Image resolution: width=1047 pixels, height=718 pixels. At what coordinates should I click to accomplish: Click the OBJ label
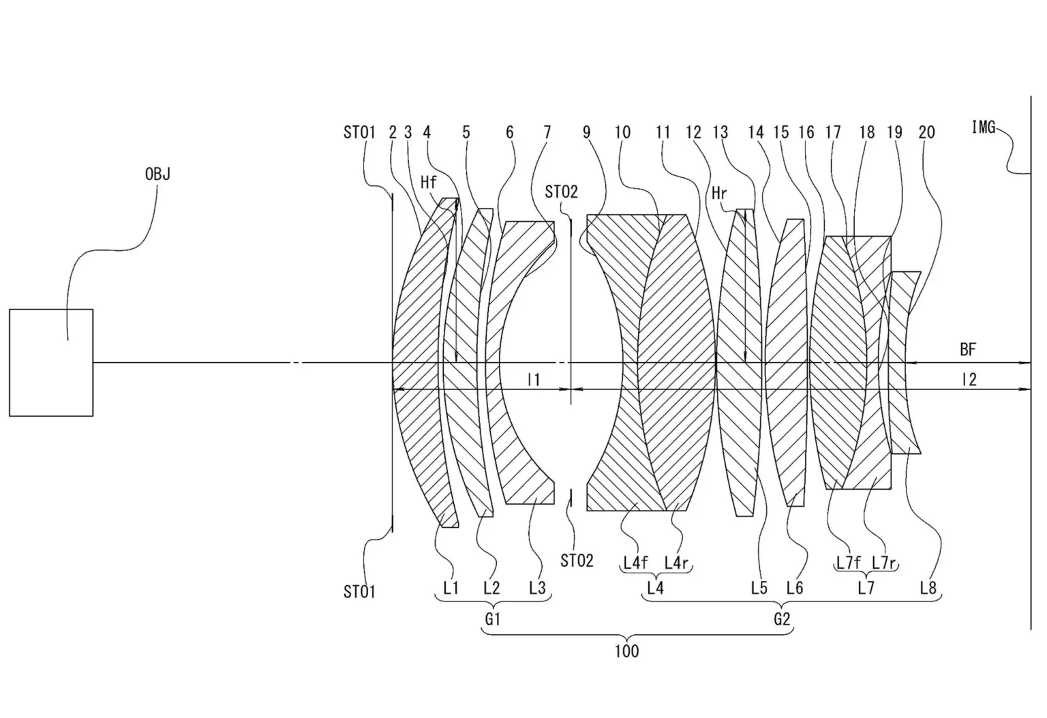click(x=157, y=175)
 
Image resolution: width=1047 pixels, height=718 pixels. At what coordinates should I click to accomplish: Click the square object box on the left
click(x=51, y=362)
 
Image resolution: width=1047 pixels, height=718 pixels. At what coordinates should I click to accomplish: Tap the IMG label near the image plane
click(x=984, y=127)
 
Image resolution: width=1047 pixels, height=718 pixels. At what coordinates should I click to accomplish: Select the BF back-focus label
click(x=968, y=349)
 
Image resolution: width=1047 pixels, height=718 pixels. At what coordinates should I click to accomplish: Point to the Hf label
click(x=429, y=182)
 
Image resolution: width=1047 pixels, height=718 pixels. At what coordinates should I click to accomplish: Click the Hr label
click(x=719, y=193)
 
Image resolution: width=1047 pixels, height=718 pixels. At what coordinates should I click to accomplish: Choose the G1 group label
click(x=493, y=619)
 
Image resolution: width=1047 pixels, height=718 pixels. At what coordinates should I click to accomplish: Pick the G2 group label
click(x=782, y=619)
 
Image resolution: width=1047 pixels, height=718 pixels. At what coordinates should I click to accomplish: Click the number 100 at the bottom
click(x=626, y=651)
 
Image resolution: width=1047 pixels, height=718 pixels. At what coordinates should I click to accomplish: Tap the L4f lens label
click(x=636, y=563)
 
